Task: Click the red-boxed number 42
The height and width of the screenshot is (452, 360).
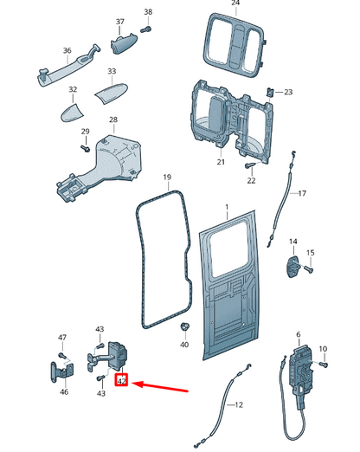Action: (x=122, y=379)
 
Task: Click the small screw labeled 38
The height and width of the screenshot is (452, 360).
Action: (x=146, y=29)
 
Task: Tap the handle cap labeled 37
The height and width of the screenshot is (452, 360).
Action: (x=123, y=44)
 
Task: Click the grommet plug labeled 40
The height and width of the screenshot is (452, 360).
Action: (x=184, y=326)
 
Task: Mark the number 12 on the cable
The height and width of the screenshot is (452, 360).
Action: (x=239, y=405)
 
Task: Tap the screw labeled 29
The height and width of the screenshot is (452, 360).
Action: (x=87, y=148)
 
